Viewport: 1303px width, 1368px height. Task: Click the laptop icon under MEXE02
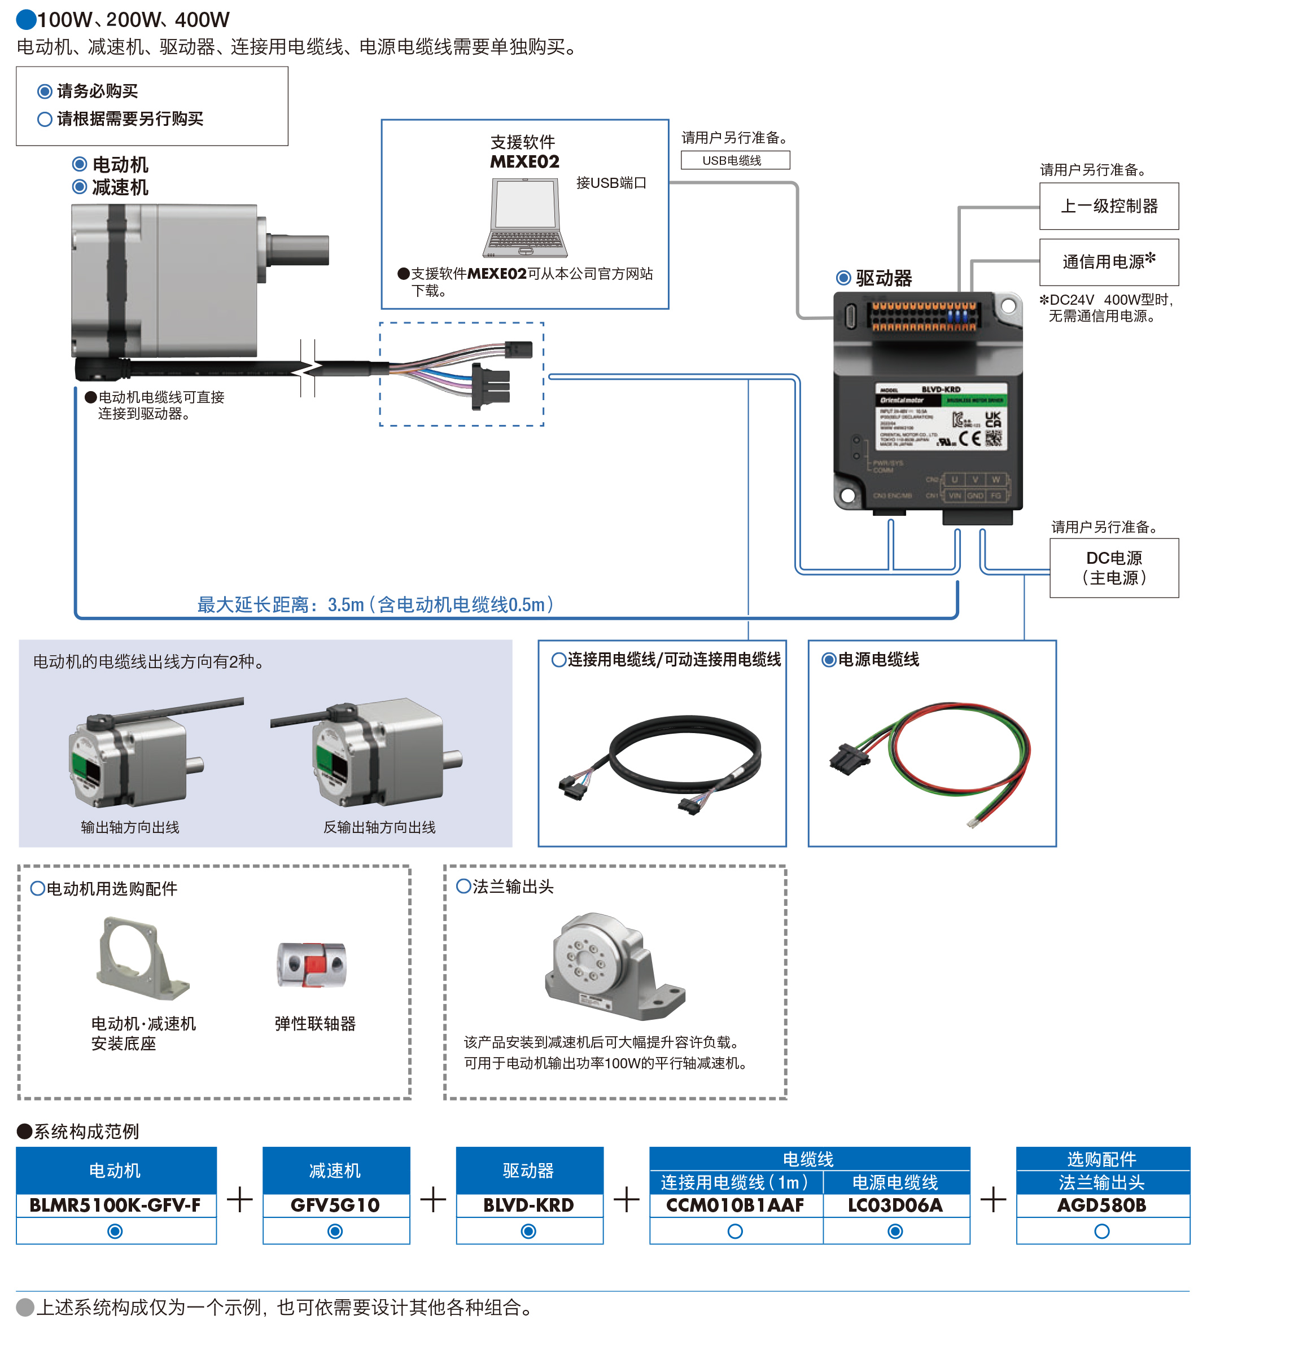click(x=525, y=217)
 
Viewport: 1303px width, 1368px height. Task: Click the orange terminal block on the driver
click(x=923, y=316)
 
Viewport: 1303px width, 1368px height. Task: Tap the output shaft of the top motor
click(x=299, y=250)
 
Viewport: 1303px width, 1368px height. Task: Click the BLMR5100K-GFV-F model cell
click(x=115, y=1205)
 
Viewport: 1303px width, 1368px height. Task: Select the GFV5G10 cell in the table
click(x=335, y=1205)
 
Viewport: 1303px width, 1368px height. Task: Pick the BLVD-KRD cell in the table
click(x=528, y=1205)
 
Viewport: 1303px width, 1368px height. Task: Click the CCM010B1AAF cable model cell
click(x=735, y=1205)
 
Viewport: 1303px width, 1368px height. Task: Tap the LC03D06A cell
click(x=895, y=1205)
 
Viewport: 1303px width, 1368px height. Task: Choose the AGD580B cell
click(x=1101, y=1205)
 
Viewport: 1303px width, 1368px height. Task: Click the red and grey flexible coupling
click(x=312, y=964)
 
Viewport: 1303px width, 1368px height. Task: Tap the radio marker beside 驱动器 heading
click(x=843, y=278)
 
